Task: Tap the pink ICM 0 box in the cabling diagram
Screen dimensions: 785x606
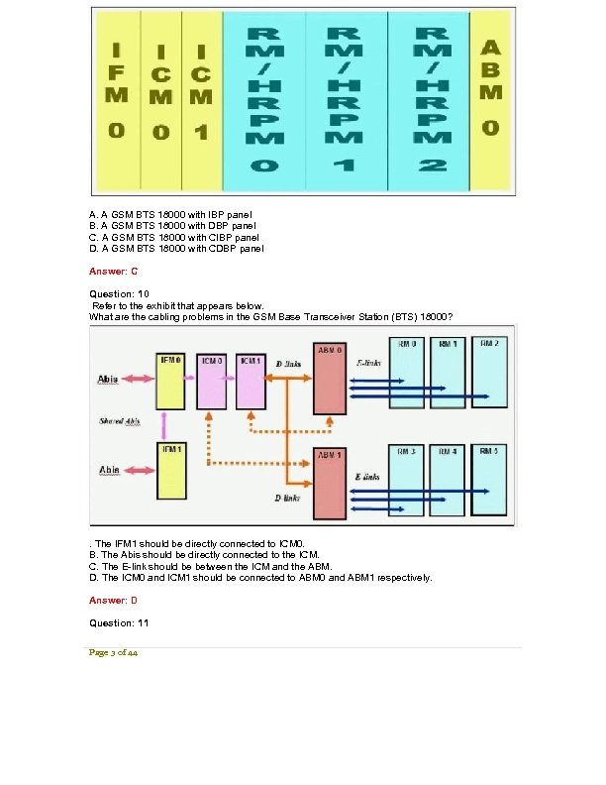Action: (x=213, y=380)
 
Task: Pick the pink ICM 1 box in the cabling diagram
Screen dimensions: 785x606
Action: (x=252, y=380)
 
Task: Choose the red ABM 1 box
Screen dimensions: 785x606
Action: (x=329, y=483)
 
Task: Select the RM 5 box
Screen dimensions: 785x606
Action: (x=488, y=479)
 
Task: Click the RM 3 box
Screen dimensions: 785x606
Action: (x=407, y=479)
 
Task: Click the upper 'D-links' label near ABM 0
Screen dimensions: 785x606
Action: (x=289, y=365)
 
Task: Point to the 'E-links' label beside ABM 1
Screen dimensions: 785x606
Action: (x=367, y=477)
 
